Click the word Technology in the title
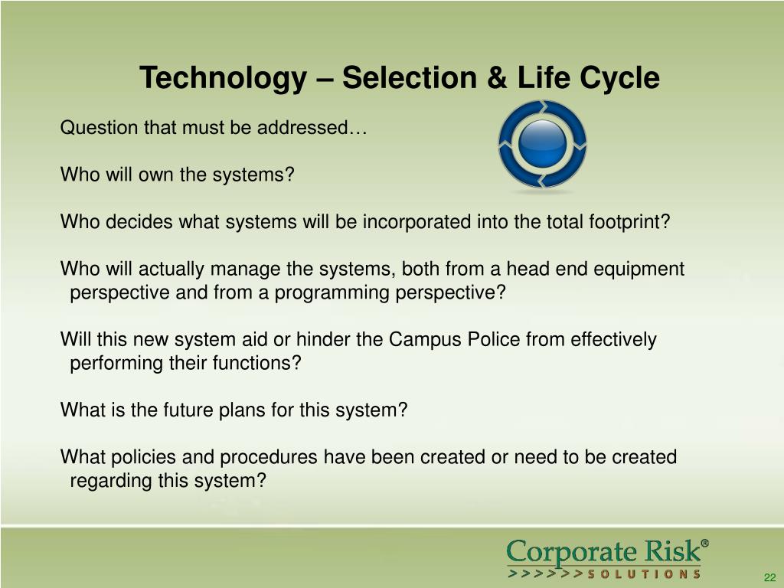(223, 78)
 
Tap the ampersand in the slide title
(496, 77)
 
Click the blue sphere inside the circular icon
(543, 144)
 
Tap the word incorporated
(416, 221)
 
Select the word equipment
(639, 269)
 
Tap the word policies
(143, 457)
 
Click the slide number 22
(769, 577)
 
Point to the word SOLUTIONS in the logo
(643, 573)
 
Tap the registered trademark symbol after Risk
(704, 544)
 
